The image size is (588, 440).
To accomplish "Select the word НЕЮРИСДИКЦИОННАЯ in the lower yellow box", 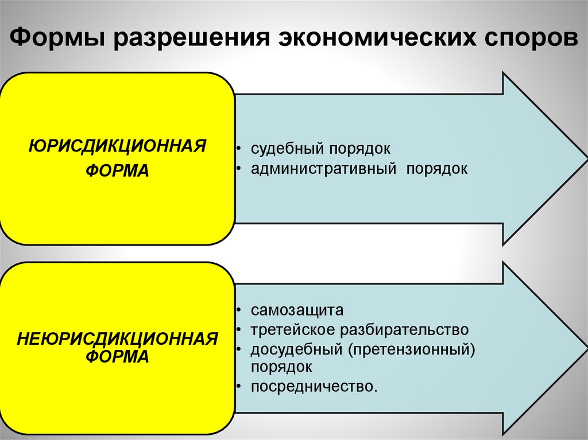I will click(x=117, y=338).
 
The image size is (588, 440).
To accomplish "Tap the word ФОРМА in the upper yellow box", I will click(x=117, y=170).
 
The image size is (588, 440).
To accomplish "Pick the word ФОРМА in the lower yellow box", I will click(x=117, y=356).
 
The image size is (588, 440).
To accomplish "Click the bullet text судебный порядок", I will click(x=320, y=149).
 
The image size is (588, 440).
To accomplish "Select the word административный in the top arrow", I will click(x=324, y=169).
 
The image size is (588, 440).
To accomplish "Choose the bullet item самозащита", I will click(x=297, y=310).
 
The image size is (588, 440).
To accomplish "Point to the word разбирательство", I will click(x=405, y=330).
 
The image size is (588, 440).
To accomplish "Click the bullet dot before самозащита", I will click(x=238, y=311).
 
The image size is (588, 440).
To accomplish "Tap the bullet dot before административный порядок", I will click(x=238, y=170).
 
